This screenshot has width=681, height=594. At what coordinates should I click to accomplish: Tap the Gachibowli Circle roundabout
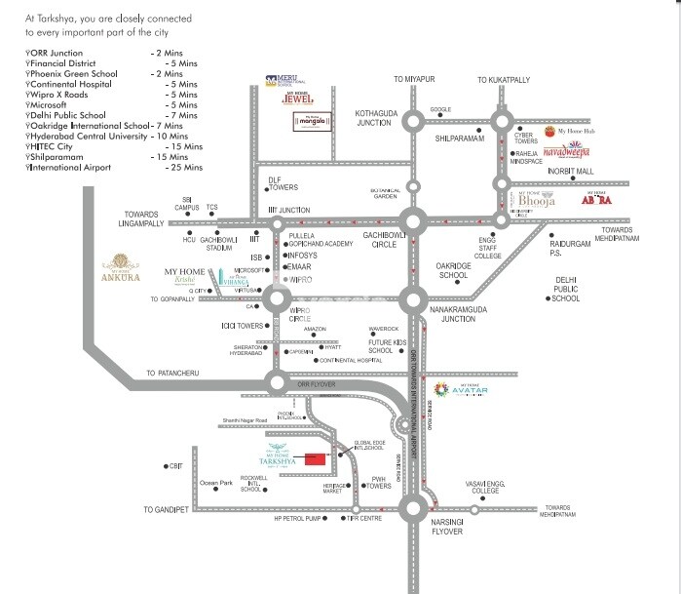pyautogui.click(x=415, y=223)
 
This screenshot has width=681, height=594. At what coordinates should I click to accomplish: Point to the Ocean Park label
pyautogui.click(x=215, y=483)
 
